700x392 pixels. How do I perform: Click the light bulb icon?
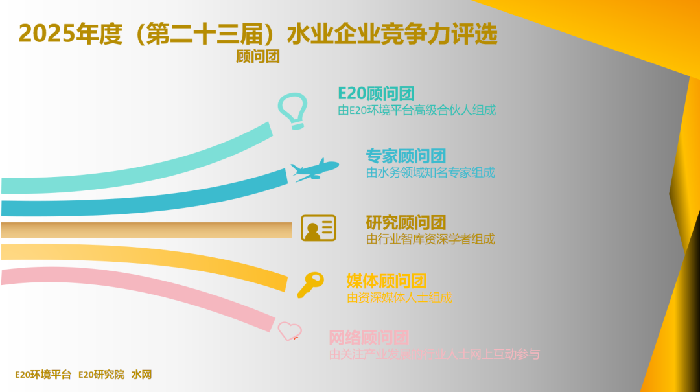[x=292, y=110]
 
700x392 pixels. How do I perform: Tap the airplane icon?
[x=314, y=170]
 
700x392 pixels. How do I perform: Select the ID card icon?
[x=318, y=228]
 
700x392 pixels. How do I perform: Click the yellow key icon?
[x=310, y=284]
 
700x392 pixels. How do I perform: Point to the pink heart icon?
[x=289, y=331]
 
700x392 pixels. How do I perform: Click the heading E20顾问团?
[x=376, y=93]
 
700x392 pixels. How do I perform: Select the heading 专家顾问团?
[x=406, y=156]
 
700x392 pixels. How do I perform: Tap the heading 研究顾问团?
[x=406, y=223]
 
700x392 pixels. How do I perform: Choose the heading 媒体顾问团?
[x=386, y=281]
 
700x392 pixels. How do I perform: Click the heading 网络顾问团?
[x=369, y=338]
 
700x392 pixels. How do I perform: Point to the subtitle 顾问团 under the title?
[x=258, y=57]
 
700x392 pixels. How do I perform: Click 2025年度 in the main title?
[x=70, y=34]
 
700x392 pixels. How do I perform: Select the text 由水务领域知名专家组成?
[x=430, y=173]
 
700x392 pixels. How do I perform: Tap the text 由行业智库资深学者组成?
[x=430, y=239]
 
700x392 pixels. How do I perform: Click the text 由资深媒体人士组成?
[x=399, y=298]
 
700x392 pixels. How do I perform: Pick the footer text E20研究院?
[x=101, y=375]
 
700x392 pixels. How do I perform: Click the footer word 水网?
[x=141, y=375]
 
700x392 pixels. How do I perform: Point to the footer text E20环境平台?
[x=43, y=375]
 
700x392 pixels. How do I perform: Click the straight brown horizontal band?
[x=146, y=230]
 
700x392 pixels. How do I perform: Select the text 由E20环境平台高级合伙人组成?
[x=417, y=110]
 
